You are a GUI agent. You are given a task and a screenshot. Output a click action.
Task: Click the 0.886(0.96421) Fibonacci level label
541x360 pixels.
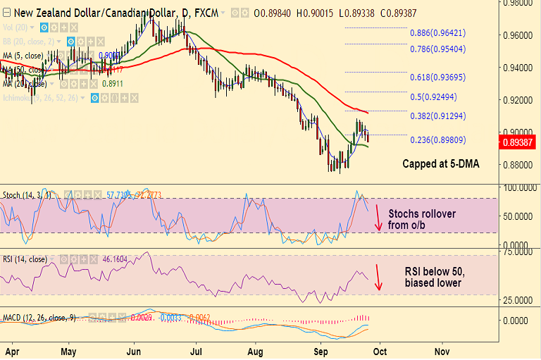pos(437,32)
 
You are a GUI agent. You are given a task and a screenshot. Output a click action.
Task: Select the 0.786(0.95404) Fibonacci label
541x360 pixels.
pos(437,49)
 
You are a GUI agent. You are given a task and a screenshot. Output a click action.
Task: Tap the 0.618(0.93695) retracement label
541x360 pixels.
pos(437,77)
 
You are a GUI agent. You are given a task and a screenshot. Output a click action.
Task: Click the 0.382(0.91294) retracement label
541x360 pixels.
pos(437,116)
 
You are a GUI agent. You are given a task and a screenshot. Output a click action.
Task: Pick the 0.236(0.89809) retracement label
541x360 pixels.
pos(437,139)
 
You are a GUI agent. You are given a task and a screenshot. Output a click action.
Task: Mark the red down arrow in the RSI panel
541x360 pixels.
pos(378,277)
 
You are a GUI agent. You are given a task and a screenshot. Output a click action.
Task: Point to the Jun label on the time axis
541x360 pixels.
pos(132,350)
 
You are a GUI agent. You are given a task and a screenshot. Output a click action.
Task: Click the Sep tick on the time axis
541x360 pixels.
pos(321,350)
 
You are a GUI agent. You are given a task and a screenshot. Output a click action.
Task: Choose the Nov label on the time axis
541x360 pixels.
pos(442,350)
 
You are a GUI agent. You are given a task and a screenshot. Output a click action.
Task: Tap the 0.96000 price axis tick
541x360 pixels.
pos(520,35)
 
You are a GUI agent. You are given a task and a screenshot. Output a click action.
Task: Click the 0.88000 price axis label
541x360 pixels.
pos(520,165)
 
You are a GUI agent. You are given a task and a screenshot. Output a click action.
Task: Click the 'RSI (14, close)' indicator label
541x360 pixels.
pos(25,259)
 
